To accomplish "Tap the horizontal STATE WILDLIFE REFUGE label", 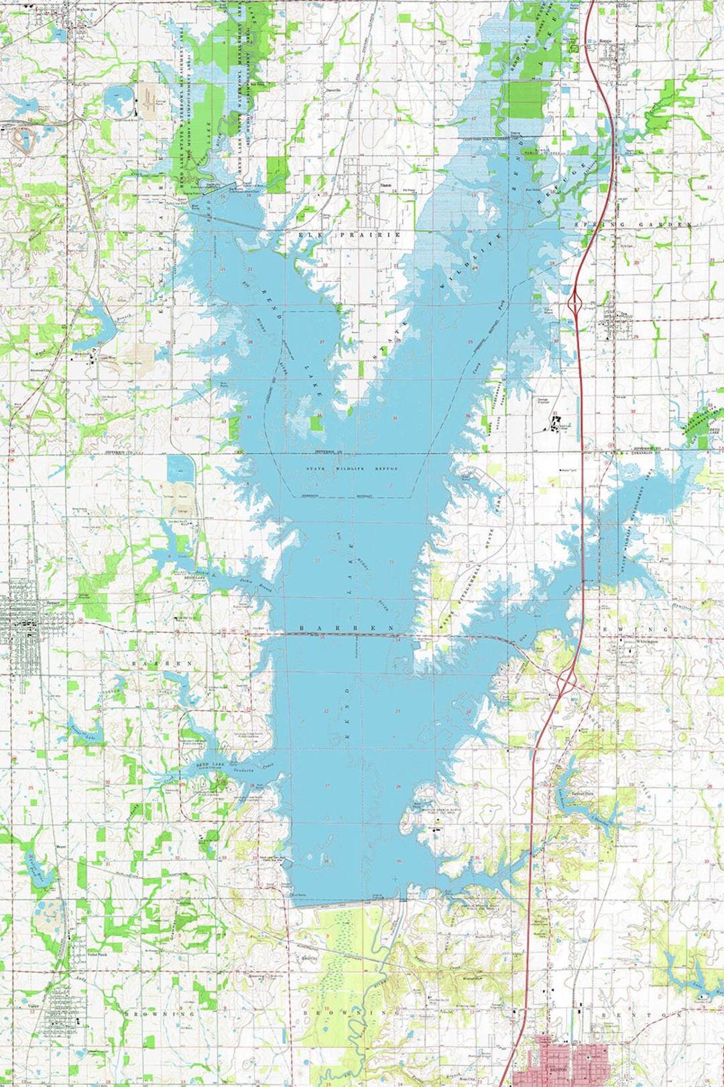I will (352, 468).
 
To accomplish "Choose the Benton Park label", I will (582, 793).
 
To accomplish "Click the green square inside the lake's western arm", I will (316, 423).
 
